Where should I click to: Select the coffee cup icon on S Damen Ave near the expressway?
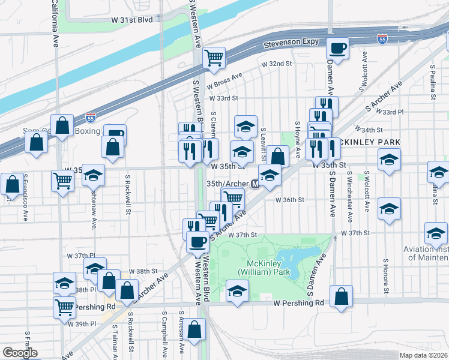pos(338,48)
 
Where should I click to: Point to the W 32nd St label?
pos(276,63)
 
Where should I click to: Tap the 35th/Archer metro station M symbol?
pos(255,184)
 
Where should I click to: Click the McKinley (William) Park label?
pos(268,268)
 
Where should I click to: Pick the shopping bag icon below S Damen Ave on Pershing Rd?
pos(341,296)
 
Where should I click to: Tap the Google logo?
pos(20,353)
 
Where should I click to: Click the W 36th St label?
pos(291,200)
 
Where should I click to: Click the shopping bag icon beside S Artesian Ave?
pos(194,329)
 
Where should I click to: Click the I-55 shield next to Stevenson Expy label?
pos(382,39)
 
